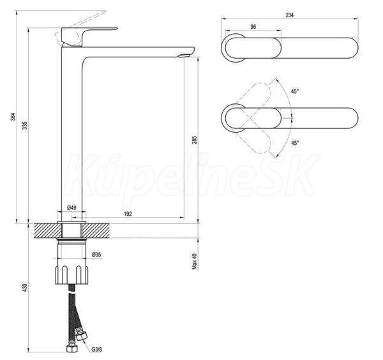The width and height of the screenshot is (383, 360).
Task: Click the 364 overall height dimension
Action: (13, 117)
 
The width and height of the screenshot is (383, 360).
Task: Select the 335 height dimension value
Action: (25, 125)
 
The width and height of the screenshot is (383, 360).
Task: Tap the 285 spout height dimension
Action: (194, 140)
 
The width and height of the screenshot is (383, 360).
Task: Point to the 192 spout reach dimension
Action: (128, 214)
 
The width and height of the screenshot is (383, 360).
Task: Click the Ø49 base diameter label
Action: (71, 208)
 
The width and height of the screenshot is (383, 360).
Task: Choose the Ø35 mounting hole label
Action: (96, 255)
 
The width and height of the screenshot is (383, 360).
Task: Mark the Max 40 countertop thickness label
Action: (195, 261)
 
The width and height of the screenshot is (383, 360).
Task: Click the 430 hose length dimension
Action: (25, 287)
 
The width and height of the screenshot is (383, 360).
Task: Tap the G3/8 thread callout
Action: (97, 350)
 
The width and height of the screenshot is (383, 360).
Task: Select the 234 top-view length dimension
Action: (289, 15)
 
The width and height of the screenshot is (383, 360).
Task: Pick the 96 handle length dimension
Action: (253, 27)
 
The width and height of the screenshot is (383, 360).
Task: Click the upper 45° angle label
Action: (295, 91)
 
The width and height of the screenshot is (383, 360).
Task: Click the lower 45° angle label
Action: (295, 143)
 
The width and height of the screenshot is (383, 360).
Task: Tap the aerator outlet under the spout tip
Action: (184, 56)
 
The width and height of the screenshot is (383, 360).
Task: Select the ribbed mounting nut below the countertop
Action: (71, 274)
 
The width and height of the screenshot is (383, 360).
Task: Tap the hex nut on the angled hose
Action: (81, 336)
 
